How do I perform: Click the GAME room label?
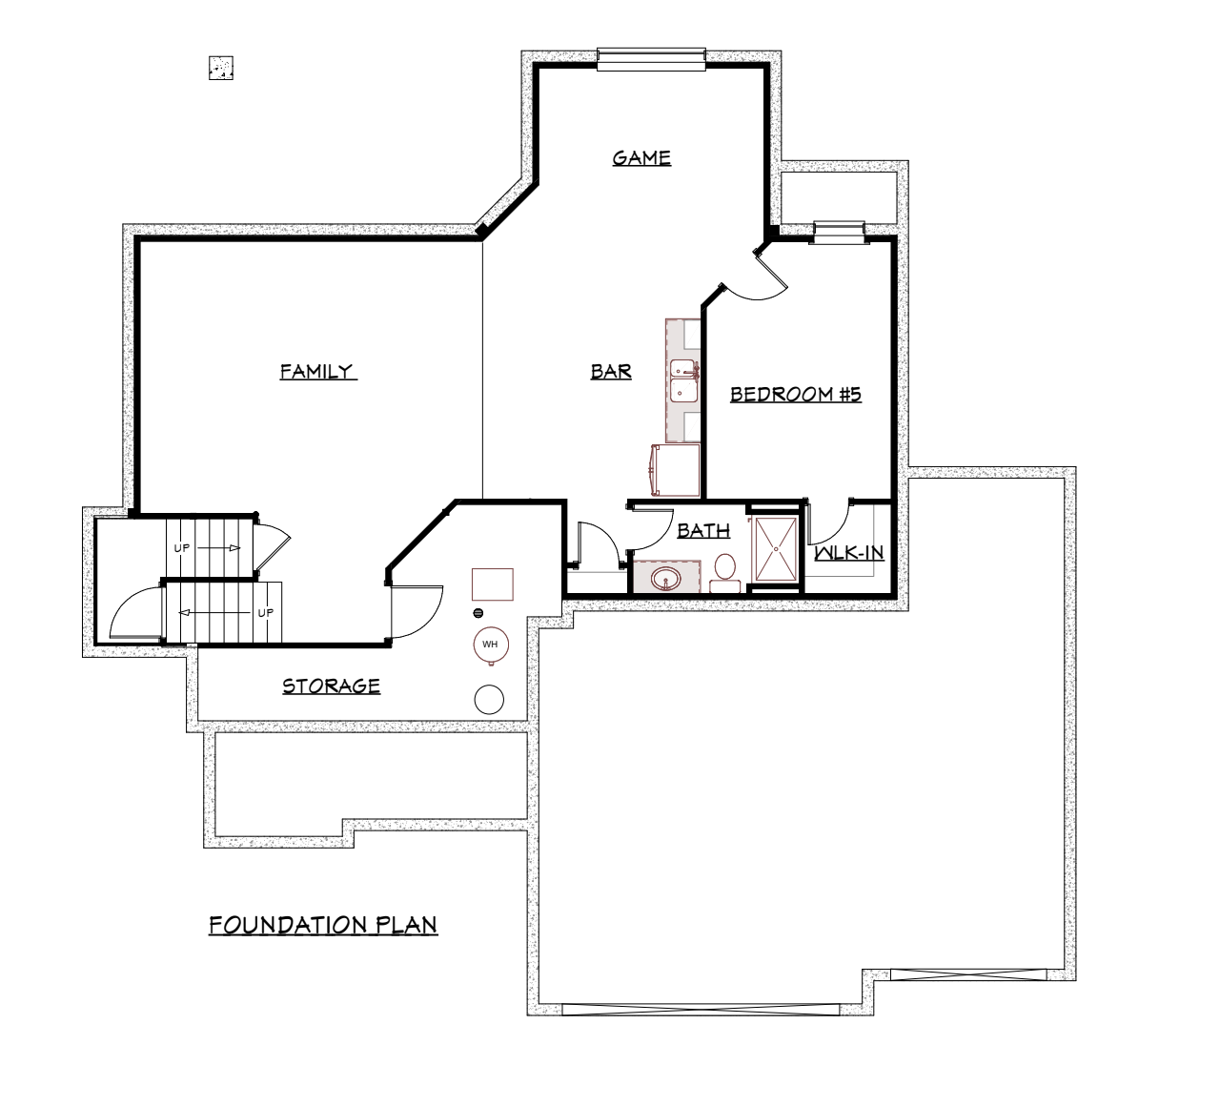coord(641,158)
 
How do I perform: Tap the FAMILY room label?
coord(317,371)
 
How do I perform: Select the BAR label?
coord(611,372)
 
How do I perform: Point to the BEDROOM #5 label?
coord(796,394)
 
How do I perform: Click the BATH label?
coord(703,530)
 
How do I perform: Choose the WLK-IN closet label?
coord(849,552)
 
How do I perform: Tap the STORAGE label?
coord(332,686)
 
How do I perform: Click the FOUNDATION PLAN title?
coord(323,925)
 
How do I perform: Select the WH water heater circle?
coord(491,645)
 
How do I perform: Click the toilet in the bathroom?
coord(724,573)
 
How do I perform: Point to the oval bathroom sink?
coord(666,579)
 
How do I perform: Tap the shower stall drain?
coord(776,548)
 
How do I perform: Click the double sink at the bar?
coord(684,380)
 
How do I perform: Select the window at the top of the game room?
coord(651,60)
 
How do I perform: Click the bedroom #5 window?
coord(840,233)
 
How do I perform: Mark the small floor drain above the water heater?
coord(478,613)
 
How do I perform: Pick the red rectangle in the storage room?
coord(493,584)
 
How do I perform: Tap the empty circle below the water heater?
coord(489,700)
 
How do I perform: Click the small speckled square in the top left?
coord(221,68)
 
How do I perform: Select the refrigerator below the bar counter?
coord(675,470)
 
